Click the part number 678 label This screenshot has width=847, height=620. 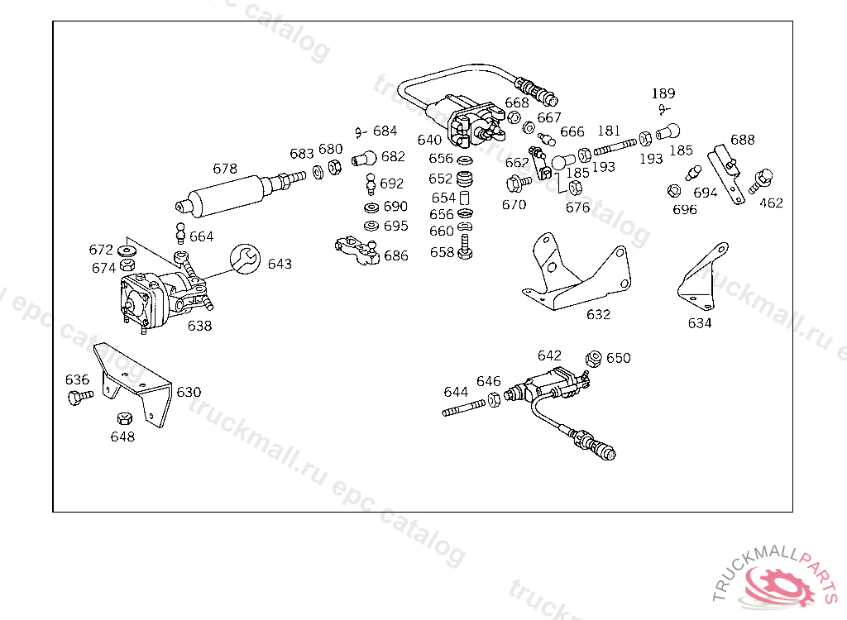point(225,169)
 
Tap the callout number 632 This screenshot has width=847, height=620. point(598,314)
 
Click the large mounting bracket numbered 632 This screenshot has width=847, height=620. point(579,273)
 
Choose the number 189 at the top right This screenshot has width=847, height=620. point(663,93)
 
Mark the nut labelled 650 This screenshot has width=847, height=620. point(593,359)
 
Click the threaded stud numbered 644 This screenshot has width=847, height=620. point(463,408)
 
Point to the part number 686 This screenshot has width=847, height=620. point(396,256)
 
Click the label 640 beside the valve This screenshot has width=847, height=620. point(429,140)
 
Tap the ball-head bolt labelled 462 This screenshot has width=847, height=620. point(763,179)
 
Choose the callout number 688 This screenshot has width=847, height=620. point(742,140)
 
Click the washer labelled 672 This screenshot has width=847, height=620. point(128,250)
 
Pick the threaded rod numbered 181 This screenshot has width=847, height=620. point(616,147)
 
